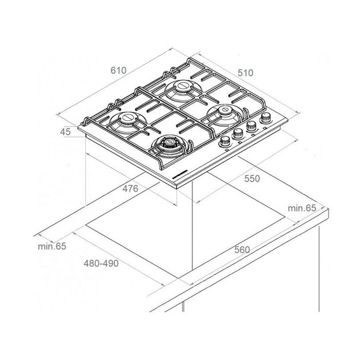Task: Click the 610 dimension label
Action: (x=118, y=70)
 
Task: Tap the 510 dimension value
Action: (x=246, y=73)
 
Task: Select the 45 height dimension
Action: (x=65, y=132)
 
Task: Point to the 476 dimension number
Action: (x=130, y=189)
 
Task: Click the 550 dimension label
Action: (x=252, y=178)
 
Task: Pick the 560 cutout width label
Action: (x=242, y=250)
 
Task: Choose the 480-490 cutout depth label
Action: (x=101, y=263)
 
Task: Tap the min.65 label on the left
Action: (x=52, y=246)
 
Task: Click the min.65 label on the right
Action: (x=302, y=208)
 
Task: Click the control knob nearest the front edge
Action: (x=225, y=141)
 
